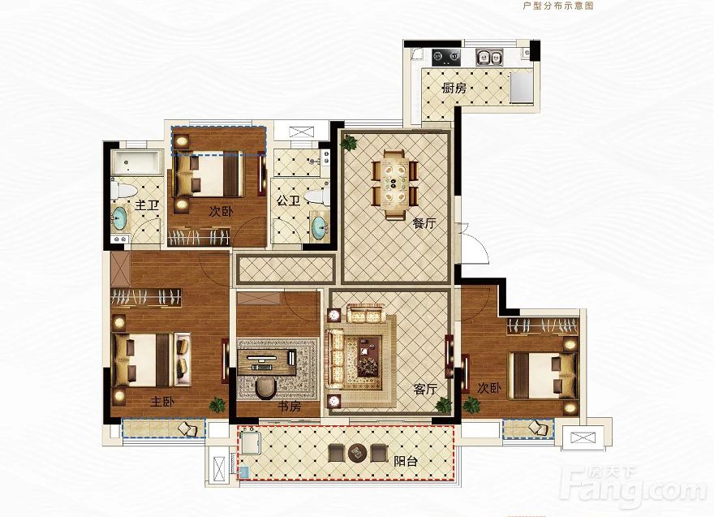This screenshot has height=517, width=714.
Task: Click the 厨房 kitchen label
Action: pyautogui.click(x=454, y=88)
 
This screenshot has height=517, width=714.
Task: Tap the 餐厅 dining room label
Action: pyautogui.click(x=424, y=223)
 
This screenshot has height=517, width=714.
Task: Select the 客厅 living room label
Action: pyautogui.click(x=426, y=389)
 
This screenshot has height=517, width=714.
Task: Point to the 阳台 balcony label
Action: pyautogui.click(x=406, y=462)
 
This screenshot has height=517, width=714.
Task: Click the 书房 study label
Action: pyautogui.click(x=289, y=406)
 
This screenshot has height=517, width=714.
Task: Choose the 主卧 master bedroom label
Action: pyautogui.click(x=162, y=402)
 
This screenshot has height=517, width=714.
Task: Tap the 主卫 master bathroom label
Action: pyautogui.click(x=147, y=205)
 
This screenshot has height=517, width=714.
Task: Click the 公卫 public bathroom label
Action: pyautogui.click(x=288, y=200)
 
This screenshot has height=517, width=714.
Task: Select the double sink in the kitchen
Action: pyautogui.click(x=489, y=58)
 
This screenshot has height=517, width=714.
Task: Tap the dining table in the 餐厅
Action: pyautogui.click(x=394, y=184)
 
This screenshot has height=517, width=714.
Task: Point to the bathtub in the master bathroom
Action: pyautogui.click(x=136, y=162)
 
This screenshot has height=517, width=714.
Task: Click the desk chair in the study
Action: pyautogui.click(x=265, y=389)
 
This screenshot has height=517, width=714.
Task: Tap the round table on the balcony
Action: pyautogui.click(x=358, y=452)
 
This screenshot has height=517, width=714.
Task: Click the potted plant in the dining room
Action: pyautogui.click(x=349, y=144)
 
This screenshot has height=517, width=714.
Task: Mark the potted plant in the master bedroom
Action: pyautogui.click(x=217, y=405)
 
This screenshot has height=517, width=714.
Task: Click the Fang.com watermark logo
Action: pyautogui.click(x=633, y=488)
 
